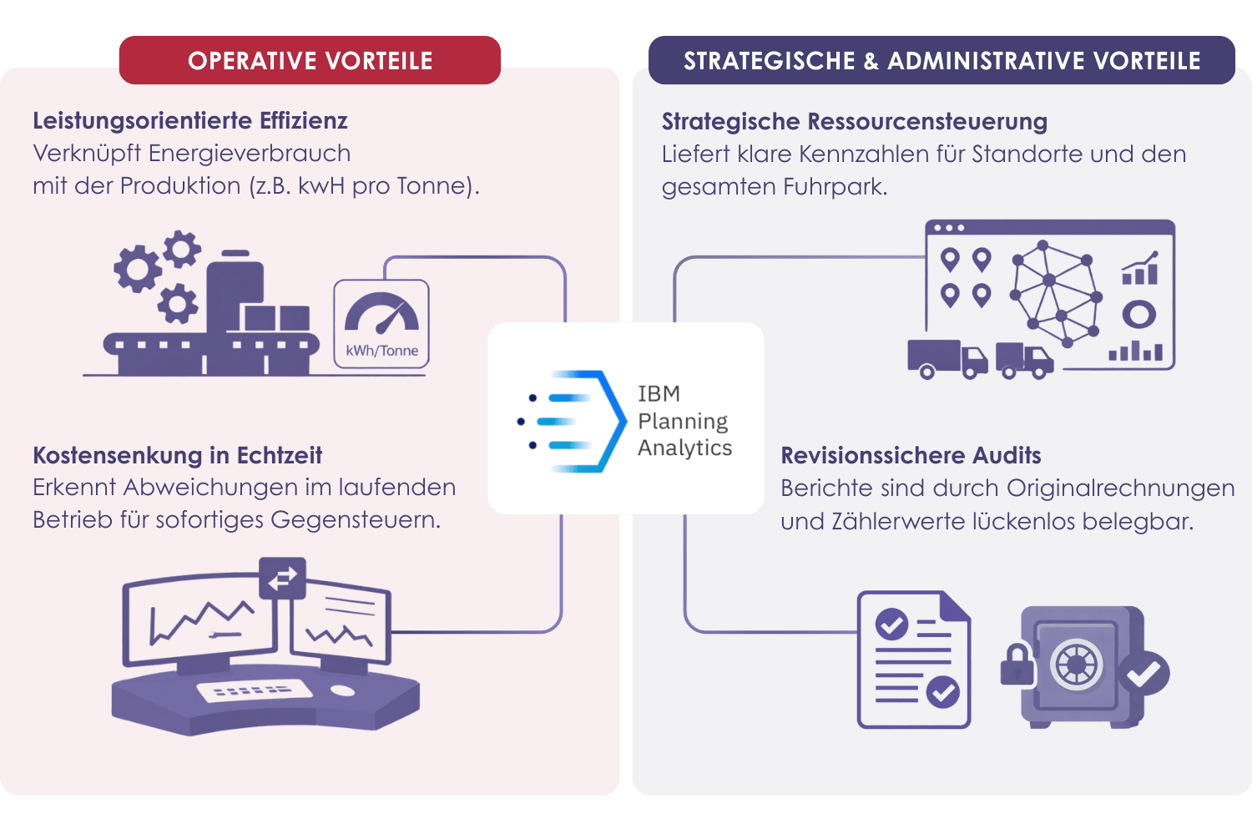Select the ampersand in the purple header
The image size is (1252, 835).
click(871, 62)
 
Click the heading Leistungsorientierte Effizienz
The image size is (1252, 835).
click(190, 121)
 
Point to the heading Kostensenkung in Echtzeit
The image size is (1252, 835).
click(177, 455)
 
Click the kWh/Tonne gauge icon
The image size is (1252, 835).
click(382, 324)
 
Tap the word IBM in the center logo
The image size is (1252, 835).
click(659, 393)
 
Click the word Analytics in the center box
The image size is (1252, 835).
click(684, 448)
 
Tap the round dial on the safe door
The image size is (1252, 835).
click(1077, 665)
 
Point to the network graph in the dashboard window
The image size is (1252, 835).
click(1056, 292)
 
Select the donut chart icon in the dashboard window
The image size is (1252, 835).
click(1138, 315)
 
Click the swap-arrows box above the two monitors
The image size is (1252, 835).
click(282, 578)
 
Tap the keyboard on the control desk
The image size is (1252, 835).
click(254, 691)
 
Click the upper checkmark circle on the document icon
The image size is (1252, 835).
click(891, 624)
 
